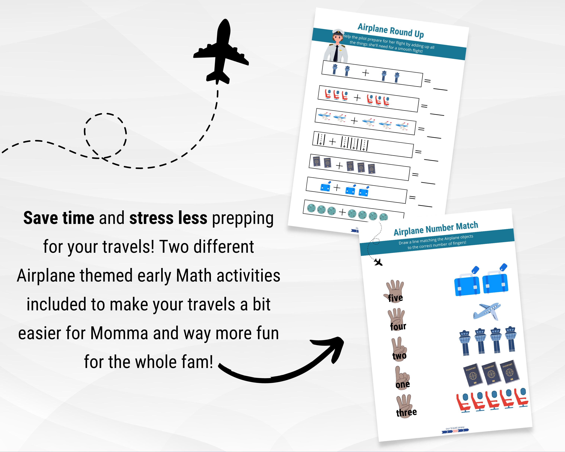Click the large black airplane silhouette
click(221, 52)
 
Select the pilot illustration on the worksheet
click(336, 46)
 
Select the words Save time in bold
click(59, 218)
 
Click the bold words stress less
click(168, 218)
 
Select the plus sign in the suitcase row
click(337, 188)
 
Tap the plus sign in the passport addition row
click(339, 166)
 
